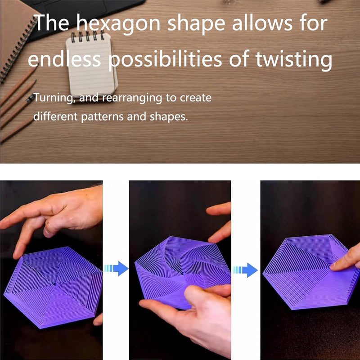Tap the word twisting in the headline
pyautogui.click(x=294, y=59)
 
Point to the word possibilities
pyautogui.click(x=165, y=59)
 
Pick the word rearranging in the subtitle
pyautogui.click(x=132, y=98)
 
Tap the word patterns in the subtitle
pyautogui.click(x=102, y=117)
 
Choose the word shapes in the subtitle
pyautogui.click(x=169, y=117)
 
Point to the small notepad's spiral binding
pyautogui.click(x=87, y=36)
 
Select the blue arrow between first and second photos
pyautogui.click(x=117, y=268)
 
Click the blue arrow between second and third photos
pyautogui.click(x=245, y=270)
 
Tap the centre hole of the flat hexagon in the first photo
pyautogui.click(x=54, y=284)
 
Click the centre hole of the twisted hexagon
pyautogui.click(x=183, y=274)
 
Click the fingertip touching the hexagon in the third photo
pyautogui.click(x=336, y=266)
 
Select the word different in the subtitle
pyautogui.click(x=55, y=116)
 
